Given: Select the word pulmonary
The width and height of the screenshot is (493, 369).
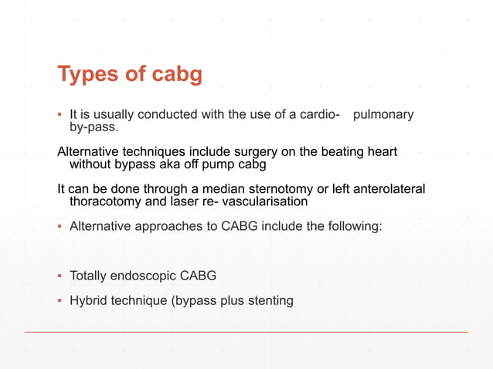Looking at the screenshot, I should pos(382,115).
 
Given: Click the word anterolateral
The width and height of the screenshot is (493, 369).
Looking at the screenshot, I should pos(384,189).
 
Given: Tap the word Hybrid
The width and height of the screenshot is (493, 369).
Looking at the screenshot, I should pos(89,300).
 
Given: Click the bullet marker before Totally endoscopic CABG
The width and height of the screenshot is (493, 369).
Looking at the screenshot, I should pos(60,276).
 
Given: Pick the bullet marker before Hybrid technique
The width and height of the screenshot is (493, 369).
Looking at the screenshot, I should pos(60,300).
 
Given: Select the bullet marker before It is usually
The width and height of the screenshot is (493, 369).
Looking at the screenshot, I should pos(60,115).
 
